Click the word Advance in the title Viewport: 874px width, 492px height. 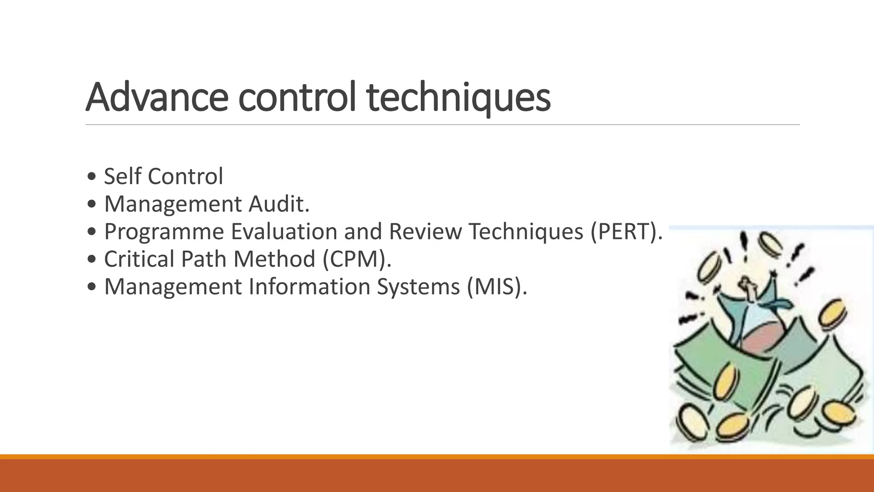tap(157, 97)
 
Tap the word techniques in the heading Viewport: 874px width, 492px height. tap(458, 98)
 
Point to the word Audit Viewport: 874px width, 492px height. tap(279, 204)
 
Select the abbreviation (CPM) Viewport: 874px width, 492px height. tap(357, 259)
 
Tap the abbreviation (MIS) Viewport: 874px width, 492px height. tap(497, 286)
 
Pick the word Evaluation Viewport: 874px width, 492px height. tap(285, 231)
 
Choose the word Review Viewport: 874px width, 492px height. tap(425, 231)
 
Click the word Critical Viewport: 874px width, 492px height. tap(139, 259)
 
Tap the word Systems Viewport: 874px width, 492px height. tap(418, 286)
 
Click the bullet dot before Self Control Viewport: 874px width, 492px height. tap(91, 177)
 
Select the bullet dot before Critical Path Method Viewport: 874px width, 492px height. tap(91, 260)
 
